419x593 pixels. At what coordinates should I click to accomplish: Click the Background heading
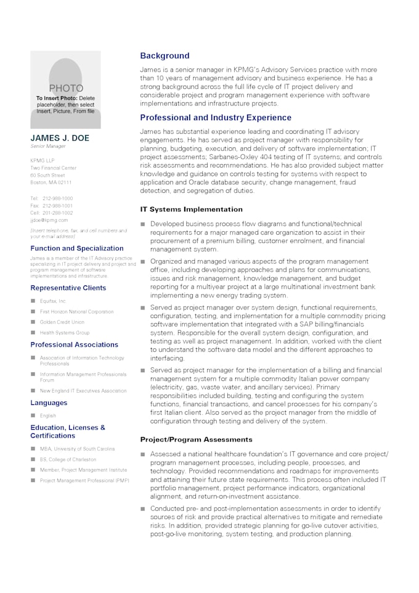(165, 55)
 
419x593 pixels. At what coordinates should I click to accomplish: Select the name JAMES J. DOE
(60, 138)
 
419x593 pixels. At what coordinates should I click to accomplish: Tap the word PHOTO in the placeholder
(66, 88)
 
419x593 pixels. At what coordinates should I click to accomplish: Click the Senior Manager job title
(48, 147)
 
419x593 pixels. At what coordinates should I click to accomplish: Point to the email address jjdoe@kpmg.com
(49, 220)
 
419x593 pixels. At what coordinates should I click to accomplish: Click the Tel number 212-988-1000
(57, 198)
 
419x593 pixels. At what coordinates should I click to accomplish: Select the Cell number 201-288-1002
(57, 213)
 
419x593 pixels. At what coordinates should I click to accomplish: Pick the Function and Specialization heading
(77, 248)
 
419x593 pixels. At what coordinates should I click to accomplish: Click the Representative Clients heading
(68, 288)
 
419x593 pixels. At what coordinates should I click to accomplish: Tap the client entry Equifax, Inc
(52, 301)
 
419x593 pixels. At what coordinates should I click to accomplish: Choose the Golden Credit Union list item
(62, 322)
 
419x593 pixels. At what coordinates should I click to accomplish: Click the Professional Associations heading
(74, 345)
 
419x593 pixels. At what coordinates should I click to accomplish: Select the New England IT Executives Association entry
(83, 391)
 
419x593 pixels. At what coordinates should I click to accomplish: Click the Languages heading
(49, 403)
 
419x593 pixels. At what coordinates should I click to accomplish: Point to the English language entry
(48, 415)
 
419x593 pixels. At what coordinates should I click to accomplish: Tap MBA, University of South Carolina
(77, 449)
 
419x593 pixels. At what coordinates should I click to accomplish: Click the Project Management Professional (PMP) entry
(84, 480)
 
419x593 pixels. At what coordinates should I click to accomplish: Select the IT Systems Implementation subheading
(191, 210)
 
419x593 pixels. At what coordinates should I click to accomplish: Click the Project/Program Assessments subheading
(196, 440)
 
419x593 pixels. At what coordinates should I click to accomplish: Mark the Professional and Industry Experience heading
(216, 118)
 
